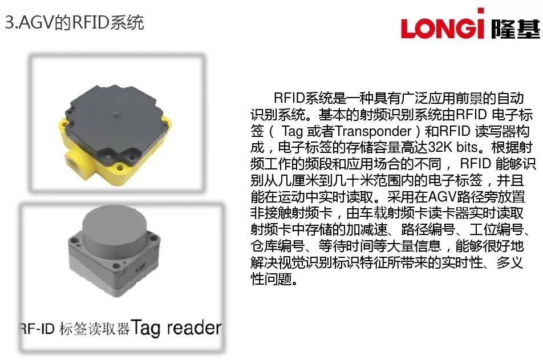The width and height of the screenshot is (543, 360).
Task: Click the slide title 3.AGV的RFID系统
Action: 75,23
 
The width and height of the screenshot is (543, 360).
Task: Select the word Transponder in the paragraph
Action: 374,131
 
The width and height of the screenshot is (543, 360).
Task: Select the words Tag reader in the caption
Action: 176,327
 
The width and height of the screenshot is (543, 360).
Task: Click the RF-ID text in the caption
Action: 37,329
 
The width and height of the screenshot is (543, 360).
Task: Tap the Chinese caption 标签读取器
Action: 94,329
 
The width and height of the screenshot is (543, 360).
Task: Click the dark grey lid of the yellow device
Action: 114,123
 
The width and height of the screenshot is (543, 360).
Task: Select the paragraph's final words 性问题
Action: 274,278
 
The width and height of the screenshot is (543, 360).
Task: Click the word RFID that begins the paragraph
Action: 289,98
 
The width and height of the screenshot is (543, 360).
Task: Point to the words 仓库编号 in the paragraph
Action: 278,246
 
